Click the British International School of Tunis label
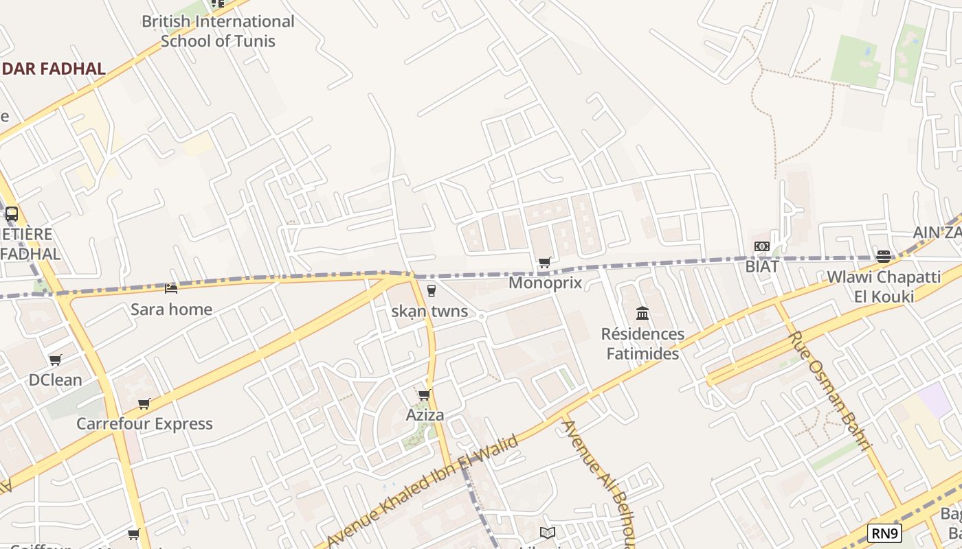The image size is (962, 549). click(218, 31)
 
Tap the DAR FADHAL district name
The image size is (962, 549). click(53, 69)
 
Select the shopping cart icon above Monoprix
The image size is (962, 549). click(545, 262)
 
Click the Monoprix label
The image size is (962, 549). click(545, 283)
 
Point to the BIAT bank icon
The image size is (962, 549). click(761, 246)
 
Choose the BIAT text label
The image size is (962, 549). click(762, 266)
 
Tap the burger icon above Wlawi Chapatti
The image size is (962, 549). click(884, 257)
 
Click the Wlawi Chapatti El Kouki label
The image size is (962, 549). click(884, 287)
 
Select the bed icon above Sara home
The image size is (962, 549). click(171, 289)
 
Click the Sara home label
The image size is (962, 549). click(171, 309)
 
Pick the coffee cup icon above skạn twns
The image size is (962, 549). click(432, 291)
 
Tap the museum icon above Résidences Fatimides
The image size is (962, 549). click(642, 314)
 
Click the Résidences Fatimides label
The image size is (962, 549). click(642, 344)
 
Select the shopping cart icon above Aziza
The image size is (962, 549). click(425, 395)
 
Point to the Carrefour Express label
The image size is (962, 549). click(144, 423)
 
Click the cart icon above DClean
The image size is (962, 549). click(56, 360)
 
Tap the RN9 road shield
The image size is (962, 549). click(884, 533)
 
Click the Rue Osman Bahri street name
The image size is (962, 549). click(830, 390)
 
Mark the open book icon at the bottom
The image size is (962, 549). click(548, 533)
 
